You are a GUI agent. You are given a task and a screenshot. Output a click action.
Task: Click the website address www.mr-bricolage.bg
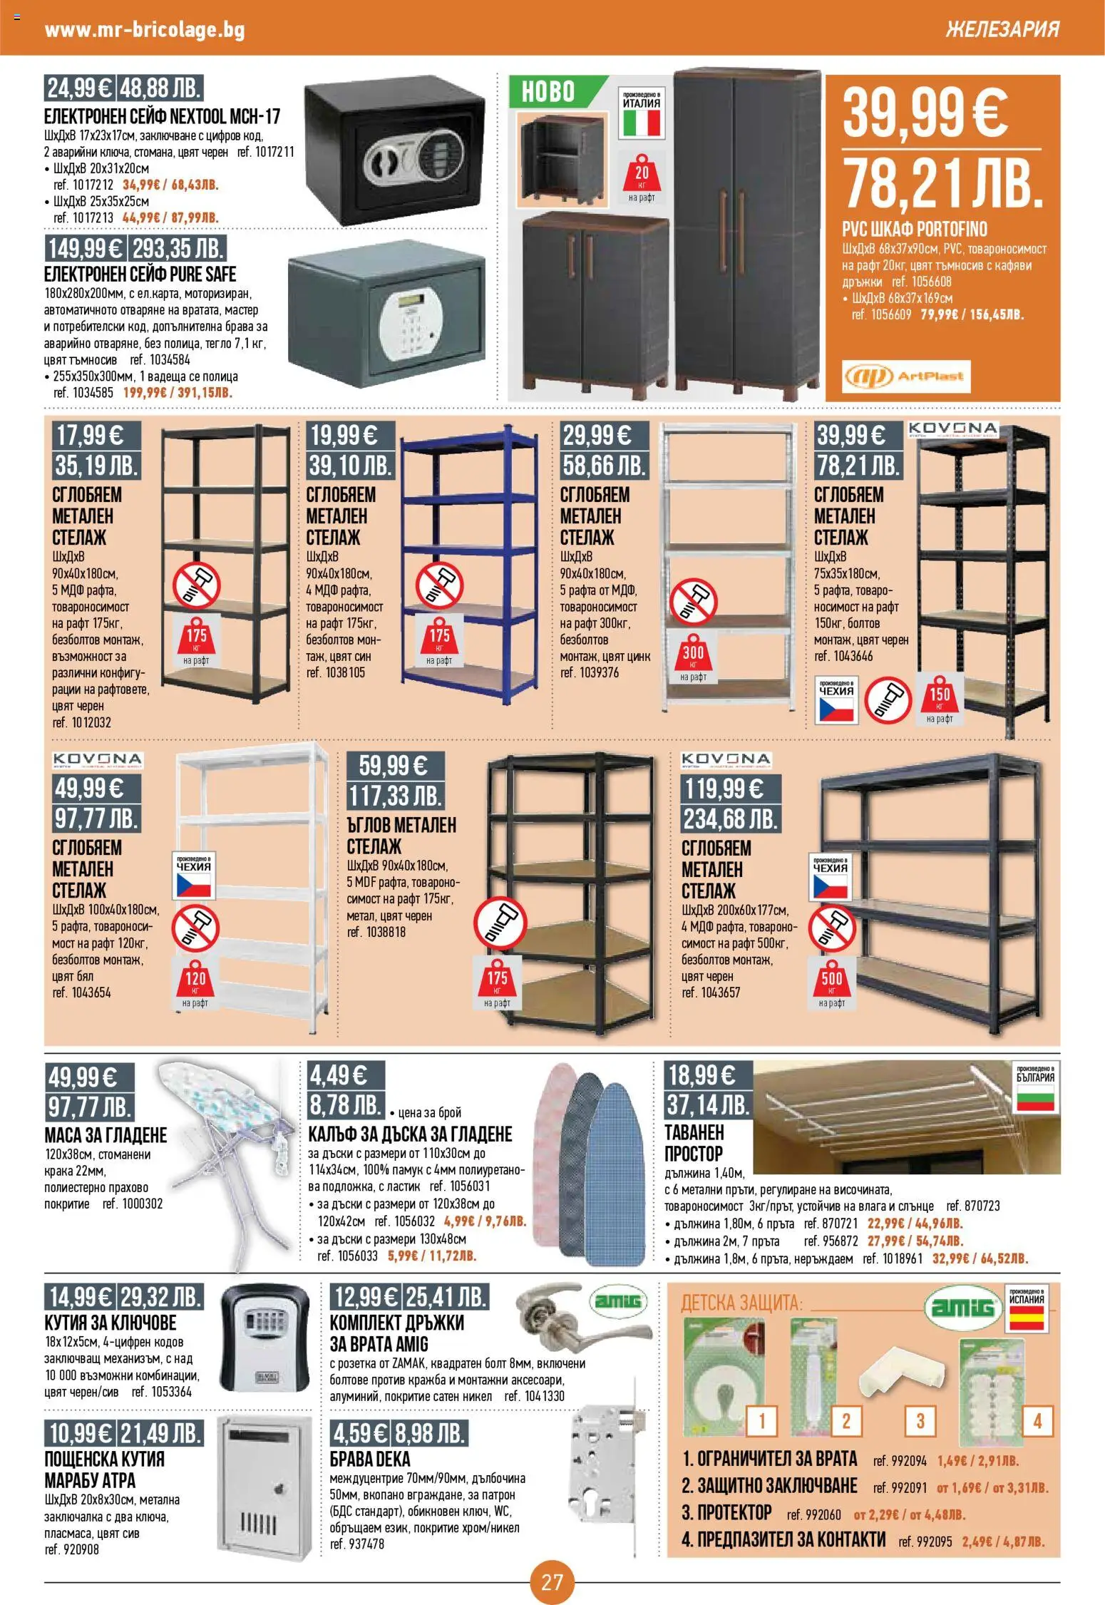click(x=145, y=30)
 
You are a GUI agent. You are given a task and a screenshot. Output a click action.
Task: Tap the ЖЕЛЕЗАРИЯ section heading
click(x=1002, y=29)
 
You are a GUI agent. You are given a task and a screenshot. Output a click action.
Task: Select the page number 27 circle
click(x=552, y=1582)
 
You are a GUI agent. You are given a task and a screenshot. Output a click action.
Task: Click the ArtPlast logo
click(x=906, y=376)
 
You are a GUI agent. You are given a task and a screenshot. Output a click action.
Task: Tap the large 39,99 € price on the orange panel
click(x=925, y=113)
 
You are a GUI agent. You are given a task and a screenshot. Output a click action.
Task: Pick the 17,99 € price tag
click(x=89, y=435)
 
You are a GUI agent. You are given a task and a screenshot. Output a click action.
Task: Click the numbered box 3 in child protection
click(x=920, y=1421)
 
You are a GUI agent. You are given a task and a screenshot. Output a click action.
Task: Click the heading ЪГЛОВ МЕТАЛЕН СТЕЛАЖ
click(x=401, y=836)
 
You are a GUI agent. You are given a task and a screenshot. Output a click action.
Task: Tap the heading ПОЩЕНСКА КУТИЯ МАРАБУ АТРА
click(x=105, y=1469)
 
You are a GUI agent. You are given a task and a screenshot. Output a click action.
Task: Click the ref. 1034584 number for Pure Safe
click(x=160, y=360)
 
